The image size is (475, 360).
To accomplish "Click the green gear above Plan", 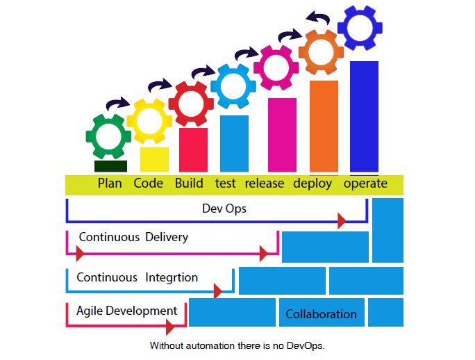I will click(108, 136).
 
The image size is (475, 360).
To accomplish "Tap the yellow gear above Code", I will click(149, 121).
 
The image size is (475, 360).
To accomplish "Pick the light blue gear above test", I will click(233, 85).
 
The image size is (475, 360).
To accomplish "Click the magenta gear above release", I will click(276, 67).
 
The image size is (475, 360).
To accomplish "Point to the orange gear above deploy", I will click(322, 51).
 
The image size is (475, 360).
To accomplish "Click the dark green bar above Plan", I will click(110, 166).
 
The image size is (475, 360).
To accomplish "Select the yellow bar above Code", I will click(154, 159).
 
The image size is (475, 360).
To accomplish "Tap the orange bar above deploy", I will click(324, 126).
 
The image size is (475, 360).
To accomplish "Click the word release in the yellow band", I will click(265, 183).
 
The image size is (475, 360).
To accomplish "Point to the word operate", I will click(365, 183).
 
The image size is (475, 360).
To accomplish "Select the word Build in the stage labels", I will click(189, 183).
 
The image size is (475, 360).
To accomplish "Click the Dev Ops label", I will click(224, 208).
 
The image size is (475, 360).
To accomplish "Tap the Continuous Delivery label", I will click(133, 237).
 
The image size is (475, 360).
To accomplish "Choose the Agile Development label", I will click(126, 311).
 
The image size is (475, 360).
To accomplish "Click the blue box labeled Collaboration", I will click(321, 313).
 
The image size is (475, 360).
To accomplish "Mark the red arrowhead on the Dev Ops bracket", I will click(341, 222).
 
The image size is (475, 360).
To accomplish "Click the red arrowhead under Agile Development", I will click(171, 327).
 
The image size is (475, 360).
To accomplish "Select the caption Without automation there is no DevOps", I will click(237, 345).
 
